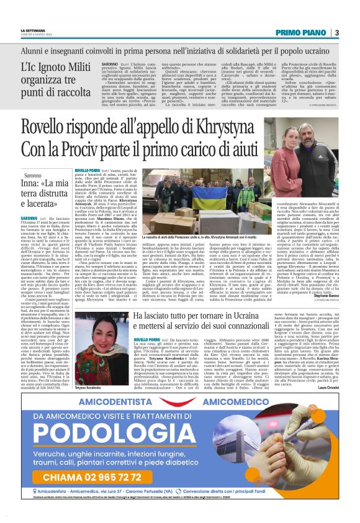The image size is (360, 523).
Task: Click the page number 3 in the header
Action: pyautogui.click(x=336, y=32)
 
